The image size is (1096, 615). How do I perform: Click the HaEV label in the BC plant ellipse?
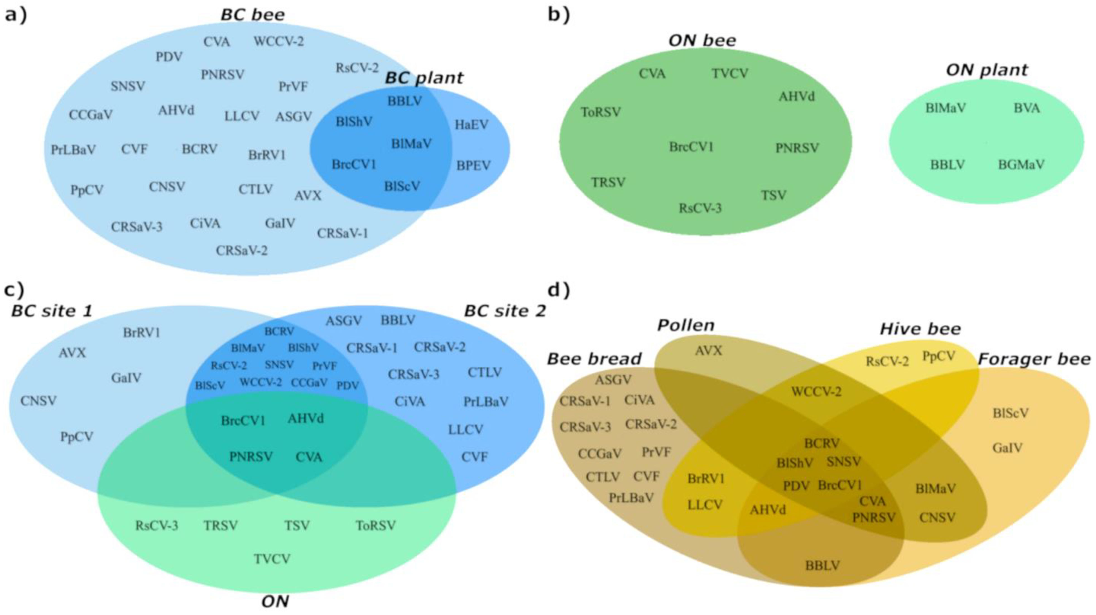point(472,125)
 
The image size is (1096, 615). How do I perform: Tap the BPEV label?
point(473,165)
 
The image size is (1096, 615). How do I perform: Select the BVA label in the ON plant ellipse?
point(1027,108)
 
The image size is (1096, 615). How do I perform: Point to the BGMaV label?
point(1021,164)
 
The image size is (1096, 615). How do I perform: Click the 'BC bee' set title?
point(253,15)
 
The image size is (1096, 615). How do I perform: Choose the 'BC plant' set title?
point(424,78)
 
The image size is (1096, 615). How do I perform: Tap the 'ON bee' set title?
point(702,40)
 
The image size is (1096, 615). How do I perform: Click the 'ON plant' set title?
point(987,70)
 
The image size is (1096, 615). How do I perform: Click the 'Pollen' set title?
point(686,325)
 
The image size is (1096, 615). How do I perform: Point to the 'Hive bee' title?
point(920,329)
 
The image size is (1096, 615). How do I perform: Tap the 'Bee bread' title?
point(594,359)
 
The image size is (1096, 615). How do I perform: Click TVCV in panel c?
point(272,558)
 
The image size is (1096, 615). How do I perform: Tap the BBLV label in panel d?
point(823,565)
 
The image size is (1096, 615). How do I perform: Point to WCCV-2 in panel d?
point(816,391)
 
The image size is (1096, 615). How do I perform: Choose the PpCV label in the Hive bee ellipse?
point(939,356)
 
